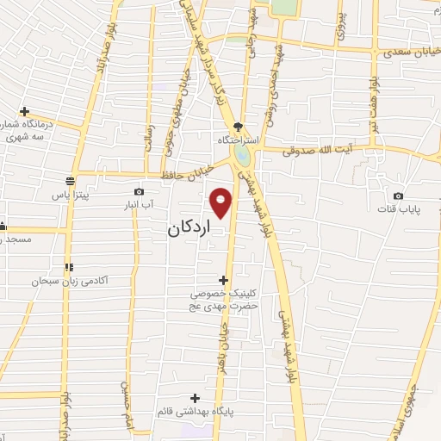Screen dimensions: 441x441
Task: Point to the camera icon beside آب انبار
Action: (139, 192)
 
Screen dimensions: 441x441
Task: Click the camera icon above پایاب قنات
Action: (398, 196)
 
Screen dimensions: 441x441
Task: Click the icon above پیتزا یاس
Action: (68, 182)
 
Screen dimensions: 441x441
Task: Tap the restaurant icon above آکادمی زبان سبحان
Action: (68, 267)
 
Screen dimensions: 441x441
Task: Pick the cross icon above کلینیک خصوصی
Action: (224, 280)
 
